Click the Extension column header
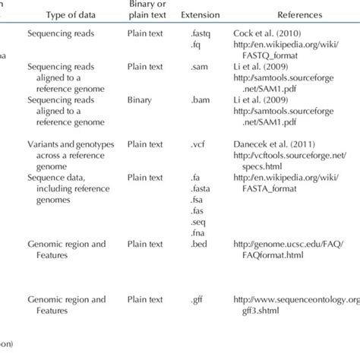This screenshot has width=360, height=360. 200,14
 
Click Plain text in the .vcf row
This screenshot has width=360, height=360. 144,143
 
